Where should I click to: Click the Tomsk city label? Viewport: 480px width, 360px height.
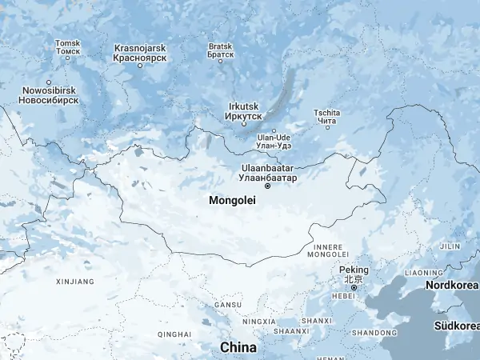tap(67, 47)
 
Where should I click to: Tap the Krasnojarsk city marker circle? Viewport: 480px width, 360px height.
tap(139, 66)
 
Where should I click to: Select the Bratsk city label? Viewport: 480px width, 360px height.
tap(220, 50)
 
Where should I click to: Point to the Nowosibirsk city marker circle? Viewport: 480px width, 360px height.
tap(49, 82)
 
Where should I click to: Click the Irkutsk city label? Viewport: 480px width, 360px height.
tap(243, 111)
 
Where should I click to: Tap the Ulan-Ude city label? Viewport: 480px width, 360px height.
tap(274, 141)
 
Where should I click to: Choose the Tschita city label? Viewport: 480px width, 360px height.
tap(326, 116)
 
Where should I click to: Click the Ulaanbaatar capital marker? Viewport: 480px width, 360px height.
tap(267, 186)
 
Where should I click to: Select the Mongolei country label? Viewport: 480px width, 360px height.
tap(232, 200)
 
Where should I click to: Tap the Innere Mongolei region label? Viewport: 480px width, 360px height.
tap(328, 250)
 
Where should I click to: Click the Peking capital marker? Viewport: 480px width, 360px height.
tap(354, 288)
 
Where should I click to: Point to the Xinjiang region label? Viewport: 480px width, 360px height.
tap(75, 282)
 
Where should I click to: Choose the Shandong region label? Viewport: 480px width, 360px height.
tap(374, 332)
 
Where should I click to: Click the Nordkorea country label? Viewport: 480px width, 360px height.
tap(452, 285)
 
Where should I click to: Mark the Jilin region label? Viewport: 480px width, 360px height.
tap(450, 246)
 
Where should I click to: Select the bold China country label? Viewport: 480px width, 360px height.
tap(238, 347)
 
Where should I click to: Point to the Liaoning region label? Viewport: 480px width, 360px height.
tap(422, 273)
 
